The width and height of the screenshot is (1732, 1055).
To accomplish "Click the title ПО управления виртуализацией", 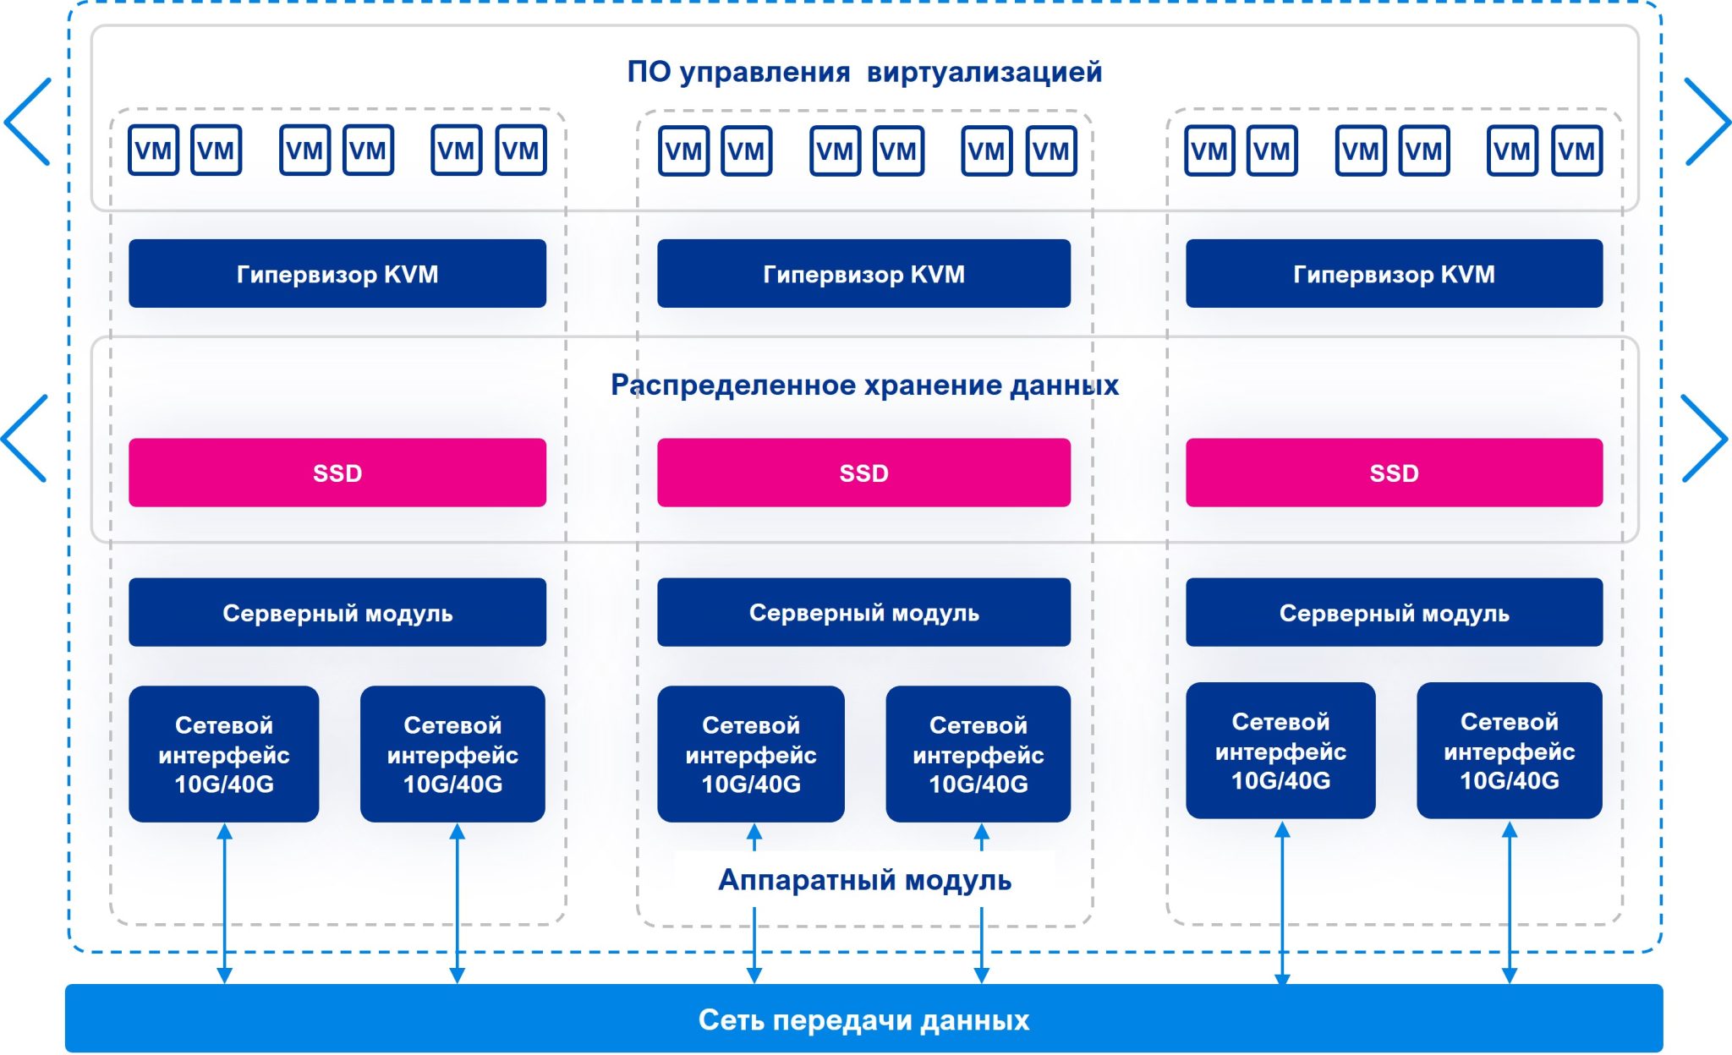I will click(864, 72).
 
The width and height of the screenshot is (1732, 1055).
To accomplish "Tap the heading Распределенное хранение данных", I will click(864, 385).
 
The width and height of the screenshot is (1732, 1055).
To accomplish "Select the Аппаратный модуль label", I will click(864, 880).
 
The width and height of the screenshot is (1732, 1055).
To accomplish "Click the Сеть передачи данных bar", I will click(864, 1019).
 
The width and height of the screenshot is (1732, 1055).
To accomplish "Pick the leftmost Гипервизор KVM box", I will click(337, 273).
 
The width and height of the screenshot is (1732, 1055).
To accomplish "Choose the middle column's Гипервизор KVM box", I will click(863, 273).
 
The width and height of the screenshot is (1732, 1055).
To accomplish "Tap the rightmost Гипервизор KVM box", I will click(1394, 273).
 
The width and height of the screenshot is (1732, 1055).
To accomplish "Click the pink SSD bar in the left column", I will click(337, 473).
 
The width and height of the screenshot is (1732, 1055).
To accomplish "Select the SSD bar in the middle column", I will click(863, 473).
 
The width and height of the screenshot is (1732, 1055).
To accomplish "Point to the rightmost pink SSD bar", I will click(1394, 473).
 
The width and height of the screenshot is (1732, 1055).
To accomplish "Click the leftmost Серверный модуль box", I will click(337, 612).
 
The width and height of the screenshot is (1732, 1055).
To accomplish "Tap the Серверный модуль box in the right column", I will click(1394, 612).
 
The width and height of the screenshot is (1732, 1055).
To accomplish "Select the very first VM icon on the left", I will click(153, 150).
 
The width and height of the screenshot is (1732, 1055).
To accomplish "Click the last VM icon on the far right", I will click(1576, 150).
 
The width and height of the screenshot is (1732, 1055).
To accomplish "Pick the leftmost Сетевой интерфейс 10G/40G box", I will click(223, 753).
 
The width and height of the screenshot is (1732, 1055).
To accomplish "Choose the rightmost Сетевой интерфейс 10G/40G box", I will click(1509, 750).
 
